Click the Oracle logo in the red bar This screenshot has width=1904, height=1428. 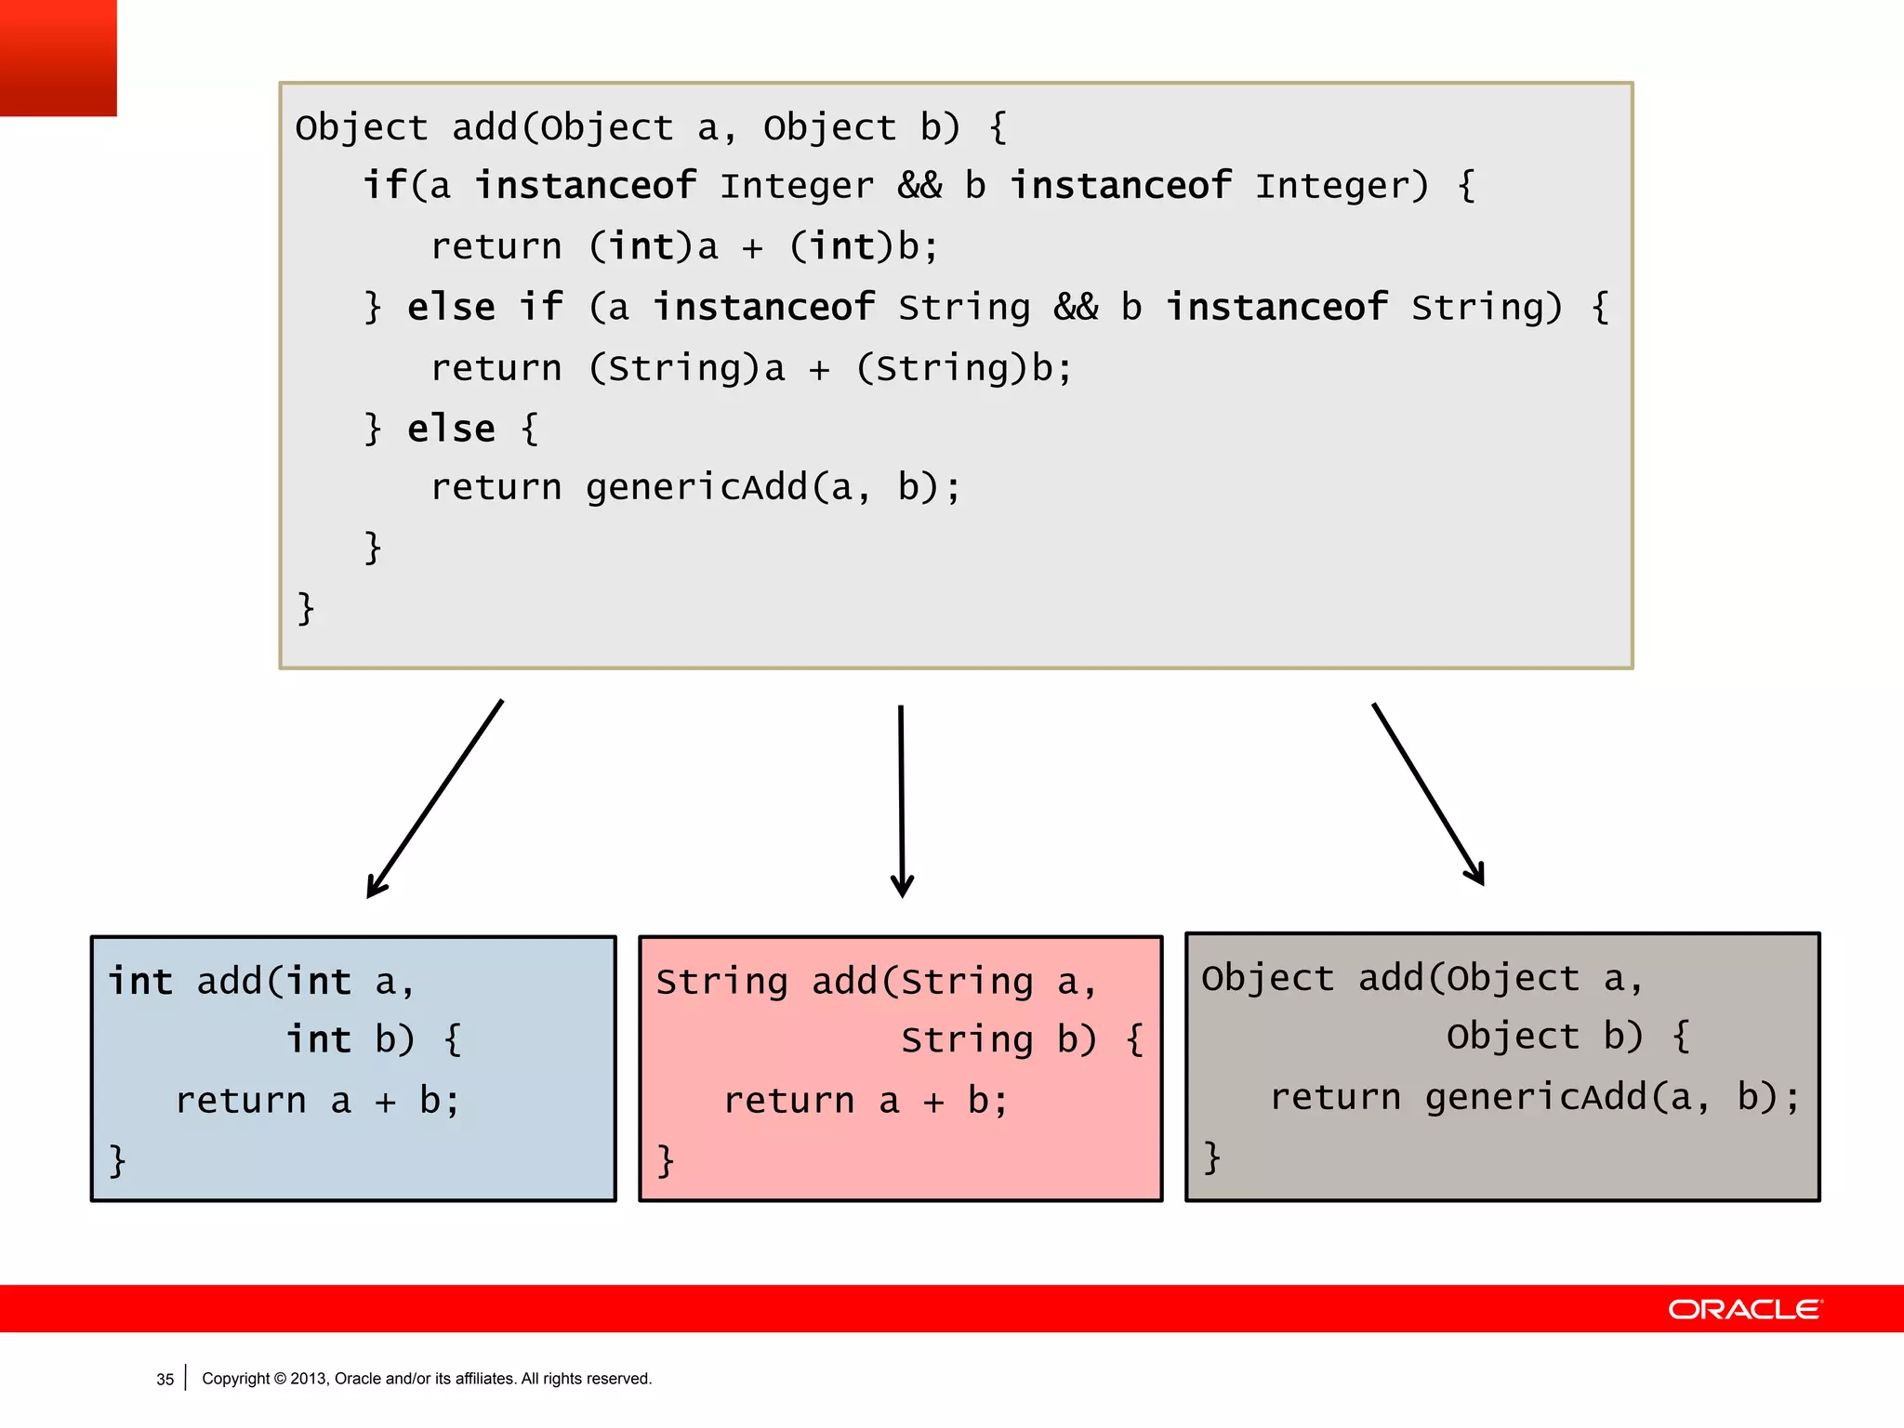[1745, 1309]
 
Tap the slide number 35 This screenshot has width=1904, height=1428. [165, 1380]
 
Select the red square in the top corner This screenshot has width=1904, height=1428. [58, 58]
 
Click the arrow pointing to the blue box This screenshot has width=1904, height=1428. [435, 800]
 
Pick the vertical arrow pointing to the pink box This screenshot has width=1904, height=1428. [901, 800]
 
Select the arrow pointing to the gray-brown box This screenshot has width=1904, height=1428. [1428, 795]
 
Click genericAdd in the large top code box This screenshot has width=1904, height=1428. [697, 487]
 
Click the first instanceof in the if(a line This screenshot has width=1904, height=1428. [586, 186]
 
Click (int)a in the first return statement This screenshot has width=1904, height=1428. [654, 247]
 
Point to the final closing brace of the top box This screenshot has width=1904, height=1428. [306, 609]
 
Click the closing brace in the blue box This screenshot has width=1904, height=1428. [117, 1160]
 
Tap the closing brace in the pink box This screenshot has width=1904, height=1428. [666, 1160]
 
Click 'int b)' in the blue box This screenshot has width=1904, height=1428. [350, 1039]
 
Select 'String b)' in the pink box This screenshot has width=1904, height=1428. [998, 1039]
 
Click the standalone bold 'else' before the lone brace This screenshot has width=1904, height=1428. [451, 429]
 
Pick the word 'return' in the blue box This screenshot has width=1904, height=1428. [241, 1101]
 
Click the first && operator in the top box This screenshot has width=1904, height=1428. [919, 186]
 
